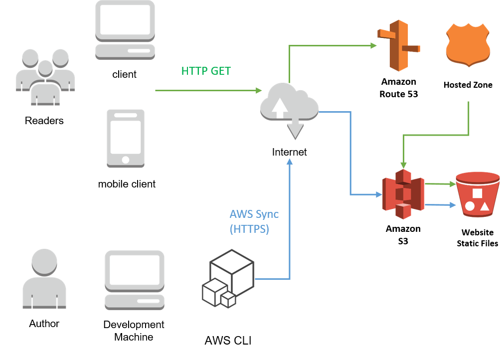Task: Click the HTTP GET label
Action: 206,71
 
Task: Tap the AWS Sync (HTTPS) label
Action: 254,222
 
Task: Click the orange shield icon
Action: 468,45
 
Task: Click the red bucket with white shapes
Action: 478,194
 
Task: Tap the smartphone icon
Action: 126,138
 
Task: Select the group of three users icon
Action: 45,77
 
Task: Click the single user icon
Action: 44,279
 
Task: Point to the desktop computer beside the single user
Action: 135,280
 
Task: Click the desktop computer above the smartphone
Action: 125,29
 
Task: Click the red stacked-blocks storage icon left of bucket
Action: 403,194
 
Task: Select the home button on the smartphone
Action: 126,160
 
